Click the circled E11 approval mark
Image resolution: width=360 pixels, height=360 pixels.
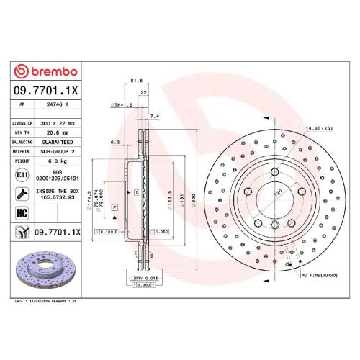[x=22, y=175]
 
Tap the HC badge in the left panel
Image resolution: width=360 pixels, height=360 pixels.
[x=22, y=213]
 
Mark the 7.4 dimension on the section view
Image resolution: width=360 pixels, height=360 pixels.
[x=154, y=116]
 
